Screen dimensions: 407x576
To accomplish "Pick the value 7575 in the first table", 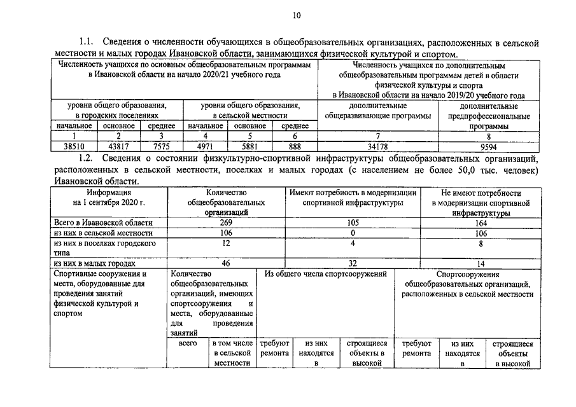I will click(161, 146).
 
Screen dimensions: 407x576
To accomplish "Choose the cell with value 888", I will click(294, 146).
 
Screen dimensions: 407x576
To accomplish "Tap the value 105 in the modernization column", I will click(352, 223).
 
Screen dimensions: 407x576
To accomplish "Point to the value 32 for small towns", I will click(352, 263).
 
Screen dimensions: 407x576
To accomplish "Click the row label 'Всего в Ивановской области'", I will click(102, 223).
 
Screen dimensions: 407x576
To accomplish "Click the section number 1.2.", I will click(85, 158).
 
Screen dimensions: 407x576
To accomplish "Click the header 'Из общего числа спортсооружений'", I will click(326, 274).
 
